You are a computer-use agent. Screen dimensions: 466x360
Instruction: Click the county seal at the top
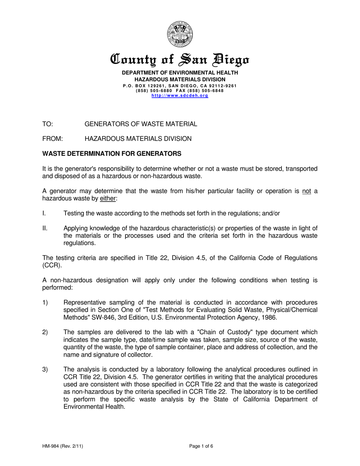(x=180, y=34)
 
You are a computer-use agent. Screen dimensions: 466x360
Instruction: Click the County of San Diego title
(x=180, y=60)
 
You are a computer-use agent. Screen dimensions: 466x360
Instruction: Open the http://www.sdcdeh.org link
(x=180, y=96)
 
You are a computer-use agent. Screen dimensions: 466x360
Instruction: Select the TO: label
(x=47, y=124)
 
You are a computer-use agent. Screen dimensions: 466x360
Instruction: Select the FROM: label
(x=52, y=139)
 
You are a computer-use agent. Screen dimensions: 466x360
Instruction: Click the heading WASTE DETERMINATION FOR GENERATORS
(x=112, y=154)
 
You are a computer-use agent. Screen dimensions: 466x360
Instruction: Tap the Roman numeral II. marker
(x=45, y=228)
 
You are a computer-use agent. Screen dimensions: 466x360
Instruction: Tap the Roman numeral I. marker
(x=44, y=213)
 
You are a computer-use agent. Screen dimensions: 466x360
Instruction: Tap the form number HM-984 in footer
(x=52, y=446)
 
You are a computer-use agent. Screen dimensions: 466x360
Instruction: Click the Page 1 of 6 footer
(x=201, y=446)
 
